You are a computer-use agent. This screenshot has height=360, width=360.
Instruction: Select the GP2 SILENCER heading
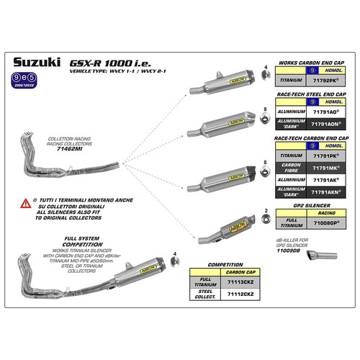[x=306, y=206]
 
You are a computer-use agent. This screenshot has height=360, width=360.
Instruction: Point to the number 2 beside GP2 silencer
[x=267, y=210]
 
